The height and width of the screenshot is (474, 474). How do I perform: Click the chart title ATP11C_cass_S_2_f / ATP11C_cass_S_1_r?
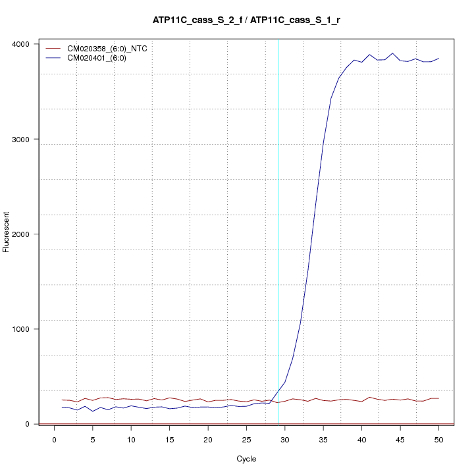tap(246, 20)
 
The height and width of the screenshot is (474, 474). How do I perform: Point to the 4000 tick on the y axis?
tap(24, 44)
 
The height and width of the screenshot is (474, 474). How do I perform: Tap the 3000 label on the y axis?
tap(24, 140)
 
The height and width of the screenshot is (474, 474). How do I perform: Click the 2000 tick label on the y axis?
tap(24, 234)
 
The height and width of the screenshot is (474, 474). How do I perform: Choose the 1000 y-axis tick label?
tap(24, 329)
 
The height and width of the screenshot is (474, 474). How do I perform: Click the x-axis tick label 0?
tap(55, 440)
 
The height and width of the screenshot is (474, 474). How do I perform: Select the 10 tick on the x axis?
tap(131, 440)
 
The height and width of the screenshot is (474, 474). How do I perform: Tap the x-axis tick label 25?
tap(246, 440)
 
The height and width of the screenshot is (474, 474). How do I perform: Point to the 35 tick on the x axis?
tap(323, 440)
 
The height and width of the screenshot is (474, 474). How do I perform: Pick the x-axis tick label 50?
tap(438, 440)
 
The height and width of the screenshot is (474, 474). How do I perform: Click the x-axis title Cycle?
tap(246, 459)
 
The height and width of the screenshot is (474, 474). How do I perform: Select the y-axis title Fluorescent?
tap(7, 232)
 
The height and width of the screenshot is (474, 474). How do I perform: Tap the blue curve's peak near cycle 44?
tap(392, 53)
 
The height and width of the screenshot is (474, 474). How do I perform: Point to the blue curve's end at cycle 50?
tap(438, 59)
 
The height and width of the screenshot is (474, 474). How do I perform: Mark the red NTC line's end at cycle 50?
tap(438, 398)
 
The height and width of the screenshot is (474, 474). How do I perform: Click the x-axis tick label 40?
tap(361, 440)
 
